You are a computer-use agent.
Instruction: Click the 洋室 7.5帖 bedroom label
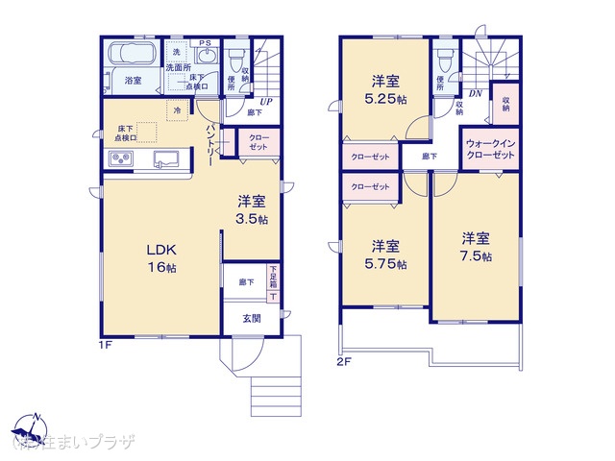[x=475, y=247]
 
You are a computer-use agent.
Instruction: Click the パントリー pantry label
[x=208, y=145]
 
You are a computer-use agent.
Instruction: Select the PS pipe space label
[x=205, y=43]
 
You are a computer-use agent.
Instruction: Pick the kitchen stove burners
[x=118, y=160]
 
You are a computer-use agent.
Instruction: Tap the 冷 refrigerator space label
[x=177, y=111]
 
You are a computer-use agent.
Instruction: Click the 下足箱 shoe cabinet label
[x=273, y=279]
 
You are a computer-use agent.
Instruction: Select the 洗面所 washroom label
[x=179, y=67]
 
